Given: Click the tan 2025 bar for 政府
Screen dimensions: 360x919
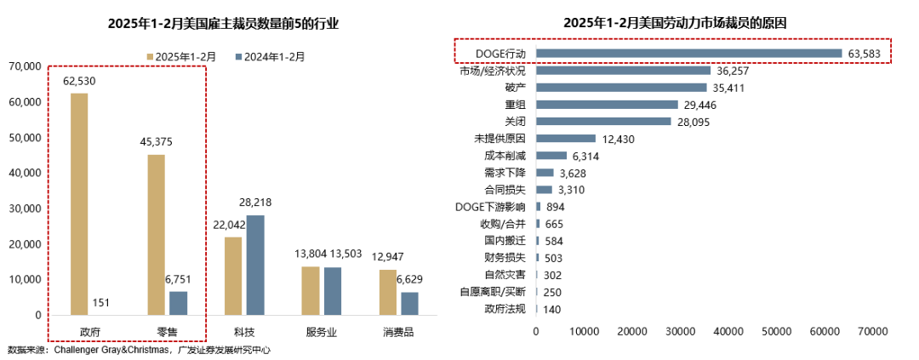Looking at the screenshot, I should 78,203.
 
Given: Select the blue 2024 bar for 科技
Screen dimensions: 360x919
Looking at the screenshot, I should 254,265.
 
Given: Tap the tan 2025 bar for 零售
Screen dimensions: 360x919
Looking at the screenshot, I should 157,234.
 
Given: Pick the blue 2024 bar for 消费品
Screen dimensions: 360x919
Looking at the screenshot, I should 409,303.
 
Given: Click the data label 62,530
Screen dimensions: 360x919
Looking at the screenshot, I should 78,81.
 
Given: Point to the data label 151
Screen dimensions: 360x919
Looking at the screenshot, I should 101,302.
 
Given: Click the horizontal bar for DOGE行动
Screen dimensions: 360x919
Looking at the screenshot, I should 688,54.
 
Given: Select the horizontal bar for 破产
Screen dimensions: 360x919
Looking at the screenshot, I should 621,88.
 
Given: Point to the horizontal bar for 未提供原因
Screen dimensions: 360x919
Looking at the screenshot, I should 565,139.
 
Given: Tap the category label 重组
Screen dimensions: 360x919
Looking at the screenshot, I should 515,105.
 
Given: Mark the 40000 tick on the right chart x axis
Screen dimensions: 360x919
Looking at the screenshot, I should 728,330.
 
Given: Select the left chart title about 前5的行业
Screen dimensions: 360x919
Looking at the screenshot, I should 223,23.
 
